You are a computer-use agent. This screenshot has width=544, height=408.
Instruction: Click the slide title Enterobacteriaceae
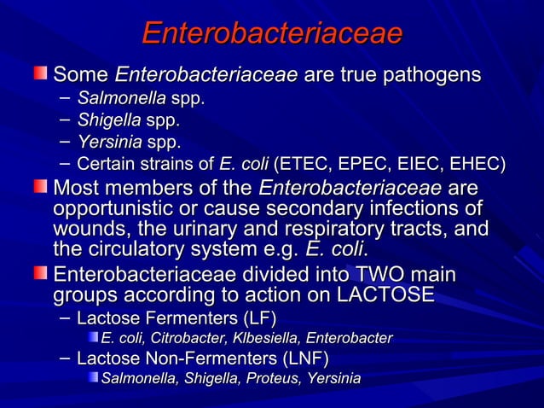pyautogui.click(x=271, y=33)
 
